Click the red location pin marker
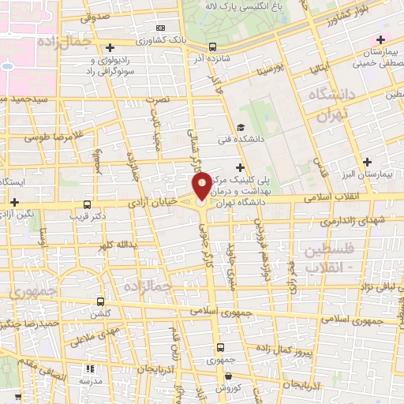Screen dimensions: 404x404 [x=201, y=186]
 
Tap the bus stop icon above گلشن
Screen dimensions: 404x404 [x=99, y=301]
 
